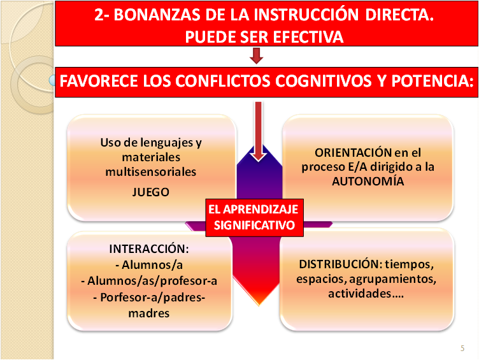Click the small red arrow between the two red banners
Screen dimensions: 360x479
pos(257,57)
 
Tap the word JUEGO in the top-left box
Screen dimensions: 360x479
pos(151,192)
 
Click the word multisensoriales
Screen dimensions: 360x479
pos(151,171)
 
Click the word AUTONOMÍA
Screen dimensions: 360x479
pos(368,181)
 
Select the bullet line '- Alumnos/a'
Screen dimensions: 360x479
pos(151,264)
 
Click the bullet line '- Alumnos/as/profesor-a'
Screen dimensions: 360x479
pos(151,280)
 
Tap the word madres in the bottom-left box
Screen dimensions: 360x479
pos(151,312)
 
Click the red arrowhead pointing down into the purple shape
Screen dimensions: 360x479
pos(258,154)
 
